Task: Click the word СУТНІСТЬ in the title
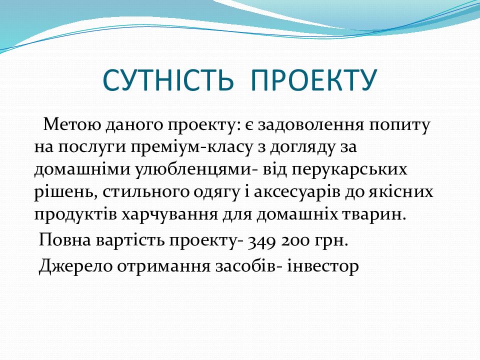point(168,80)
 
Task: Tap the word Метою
point(72,124)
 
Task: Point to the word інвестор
point(323,266)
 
